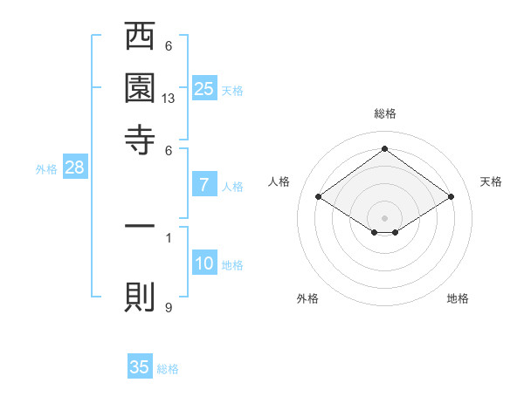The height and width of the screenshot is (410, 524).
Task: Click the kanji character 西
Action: tap(140, 38)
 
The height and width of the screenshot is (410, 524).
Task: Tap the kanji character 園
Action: tap(140, 88)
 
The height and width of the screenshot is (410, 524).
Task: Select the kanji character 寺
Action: tap(140, 139)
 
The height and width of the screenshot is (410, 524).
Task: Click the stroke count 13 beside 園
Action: tap(169, 99)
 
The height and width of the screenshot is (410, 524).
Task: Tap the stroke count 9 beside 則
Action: tap(169, 307)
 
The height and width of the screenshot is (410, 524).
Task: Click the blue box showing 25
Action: tap(204, 88)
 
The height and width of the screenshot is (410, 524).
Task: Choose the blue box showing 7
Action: tap(204, 184)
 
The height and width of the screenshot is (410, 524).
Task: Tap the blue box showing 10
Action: tap(204, 263)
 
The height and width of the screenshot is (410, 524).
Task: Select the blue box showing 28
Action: tap(74, 167)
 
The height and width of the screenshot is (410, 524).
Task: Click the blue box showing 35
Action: tap(140, 367)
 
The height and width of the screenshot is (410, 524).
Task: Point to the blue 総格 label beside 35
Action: tap(168, 369)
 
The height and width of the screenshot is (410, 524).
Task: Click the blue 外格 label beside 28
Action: tap(46, 169)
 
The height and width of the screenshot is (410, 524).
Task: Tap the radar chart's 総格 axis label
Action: tap(384, 113)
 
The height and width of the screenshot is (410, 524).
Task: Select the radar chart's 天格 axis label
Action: tap(491, 181)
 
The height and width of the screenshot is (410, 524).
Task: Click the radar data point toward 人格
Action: tap(319, 197)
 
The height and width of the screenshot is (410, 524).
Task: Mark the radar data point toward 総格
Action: tap(384, 149)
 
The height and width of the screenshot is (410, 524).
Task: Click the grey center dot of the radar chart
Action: tap(384, 217)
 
